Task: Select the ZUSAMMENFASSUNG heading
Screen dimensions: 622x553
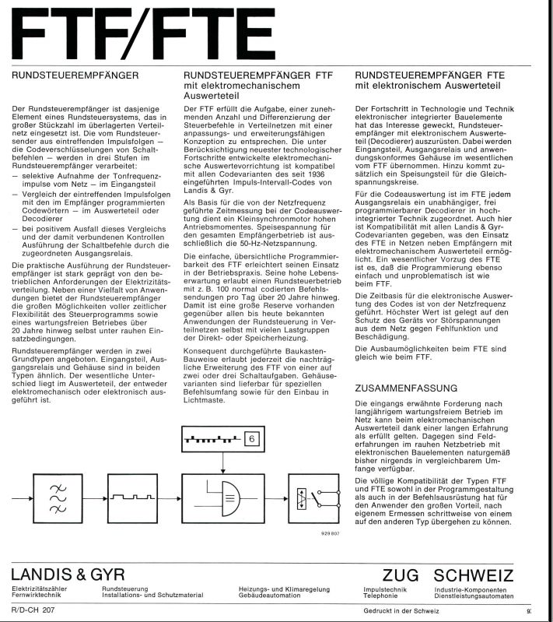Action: click(x=405, y=387)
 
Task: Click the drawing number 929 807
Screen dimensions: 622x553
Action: click(x=331, y=533)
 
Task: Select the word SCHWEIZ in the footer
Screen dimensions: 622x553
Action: click(x=474, y=575)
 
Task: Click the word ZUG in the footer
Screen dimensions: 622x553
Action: click(x=401, y=575)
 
